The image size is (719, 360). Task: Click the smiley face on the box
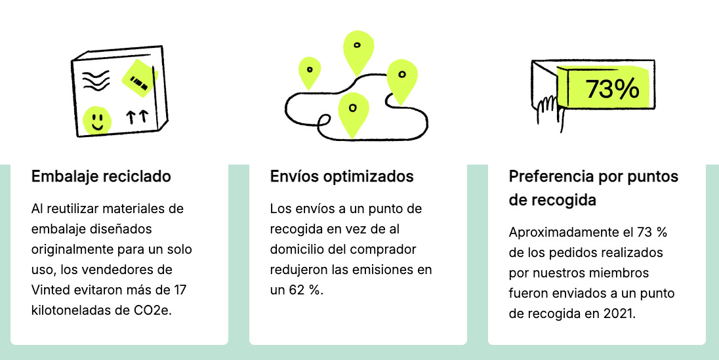97,119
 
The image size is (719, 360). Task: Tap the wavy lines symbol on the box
96,81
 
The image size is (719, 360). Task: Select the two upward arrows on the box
137,117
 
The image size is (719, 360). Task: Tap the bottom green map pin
353,112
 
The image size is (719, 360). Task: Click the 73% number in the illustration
611,89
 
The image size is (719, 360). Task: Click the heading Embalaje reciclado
101,176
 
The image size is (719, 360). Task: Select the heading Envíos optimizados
342,176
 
